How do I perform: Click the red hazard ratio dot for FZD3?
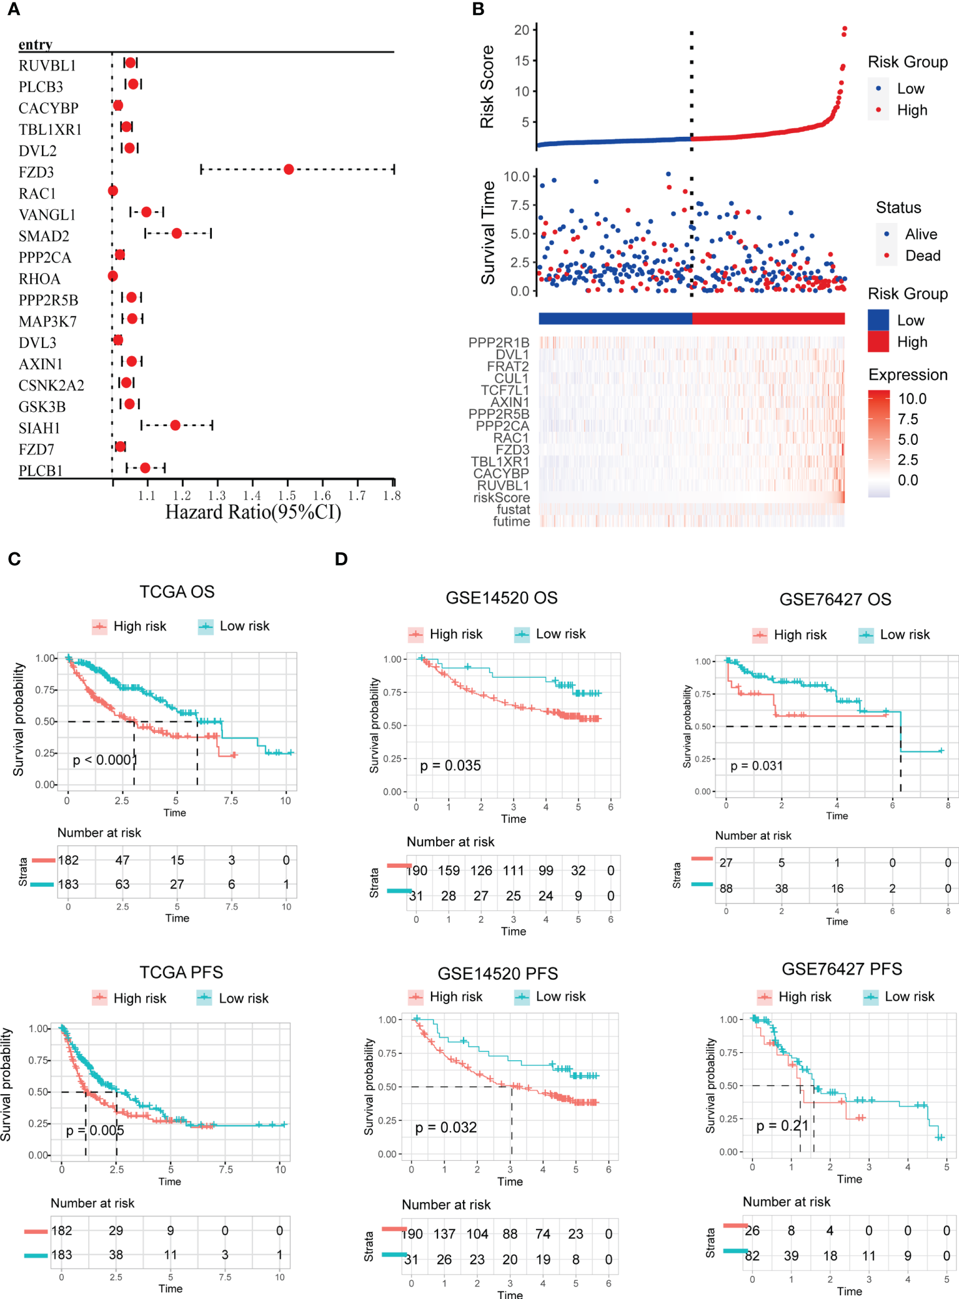[x=289, y=169]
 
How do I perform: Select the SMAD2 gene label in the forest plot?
[x=44, y=236]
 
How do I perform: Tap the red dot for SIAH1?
[x=175, y=426]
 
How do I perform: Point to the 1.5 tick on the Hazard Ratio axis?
[x=287, y=495]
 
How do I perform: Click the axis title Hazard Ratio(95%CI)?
[x=253, y=512]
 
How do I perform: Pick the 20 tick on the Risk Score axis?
[x=522, y=30]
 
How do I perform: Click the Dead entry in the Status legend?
[x=922, y=256]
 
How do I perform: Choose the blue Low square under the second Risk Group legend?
[x=878, y=320]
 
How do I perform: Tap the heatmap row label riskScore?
[x=502, y=497]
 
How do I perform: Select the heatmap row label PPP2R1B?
[x=499, y=342]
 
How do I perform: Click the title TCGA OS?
[x=177, y=592]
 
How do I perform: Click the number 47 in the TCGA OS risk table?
[x=122, y=860]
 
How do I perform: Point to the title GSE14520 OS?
[x=501, y=598]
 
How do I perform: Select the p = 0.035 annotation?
[x=450, y=765]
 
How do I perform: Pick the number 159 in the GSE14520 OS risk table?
[x=449, y=870]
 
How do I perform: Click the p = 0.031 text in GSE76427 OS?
[x=757, y=765]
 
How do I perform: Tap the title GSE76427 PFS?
[x=842, y=969]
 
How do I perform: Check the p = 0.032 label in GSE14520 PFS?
[x=446, y=1127]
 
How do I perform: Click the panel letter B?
[x=479, y=9]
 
